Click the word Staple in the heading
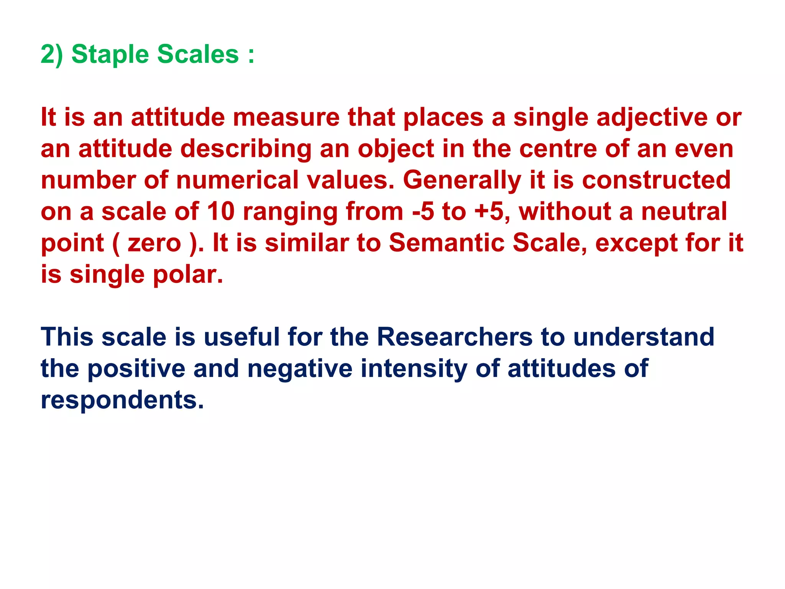point(110,54)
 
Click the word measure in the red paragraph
point(286,117)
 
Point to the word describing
point(246,149)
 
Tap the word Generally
point(462,180)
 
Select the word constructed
point(656,180)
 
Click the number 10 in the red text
point(220,212)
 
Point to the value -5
point(423,212)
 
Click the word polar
point(187,275)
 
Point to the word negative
point(300,369)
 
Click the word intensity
point(414,369)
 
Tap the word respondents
point(122,400)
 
